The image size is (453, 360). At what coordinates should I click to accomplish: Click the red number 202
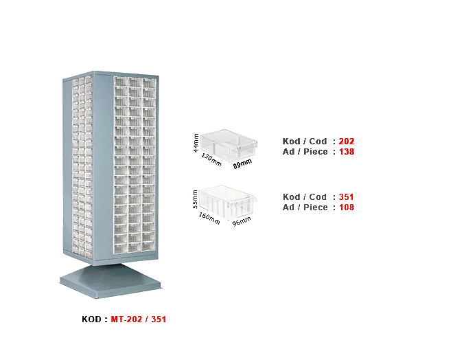tap(347, 141)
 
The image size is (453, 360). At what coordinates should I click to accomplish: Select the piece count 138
tap(347, 152)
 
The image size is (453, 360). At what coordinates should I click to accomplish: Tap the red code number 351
tap(347, 197)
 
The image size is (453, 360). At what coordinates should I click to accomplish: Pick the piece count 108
tap(347, 207)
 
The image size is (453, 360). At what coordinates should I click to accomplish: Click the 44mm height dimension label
tap(196, 143)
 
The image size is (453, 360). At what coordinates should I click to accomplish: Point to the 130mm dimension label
tap(211, 159)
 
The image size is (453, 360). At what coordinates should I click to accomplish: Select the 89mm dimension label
tap(242, 164)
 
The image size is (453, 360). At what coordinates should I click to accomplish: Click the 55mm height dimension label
tap(196, 199)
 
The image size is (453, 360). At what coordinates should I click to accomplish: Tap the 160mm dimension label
tap(209, 218)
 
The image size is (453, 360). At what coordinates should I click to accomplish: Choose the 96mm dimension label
tap(242, 221)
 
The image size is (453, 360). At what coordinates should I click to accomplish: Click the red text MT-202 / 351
tap(139, 319)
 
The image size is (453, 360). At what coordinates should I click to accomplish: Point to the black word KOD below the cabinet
tap(91, 319)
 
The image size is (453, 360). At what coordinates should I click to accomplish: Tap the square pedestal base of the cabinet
tap(111, 281)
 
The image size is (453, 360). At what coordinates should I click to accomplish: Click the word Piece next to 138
tap(316, 152)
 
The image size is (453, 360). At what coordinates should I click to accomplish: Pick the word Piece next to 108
tap(316, 207)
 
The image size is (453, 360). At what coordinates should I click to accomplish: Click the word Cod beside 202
tap(318, 141)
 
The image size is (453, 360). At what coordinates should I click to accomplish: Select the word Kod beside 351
tap(292, 197)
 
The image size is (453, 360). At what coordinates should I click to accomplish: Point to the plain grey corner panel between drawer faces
tap(102, 166)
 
